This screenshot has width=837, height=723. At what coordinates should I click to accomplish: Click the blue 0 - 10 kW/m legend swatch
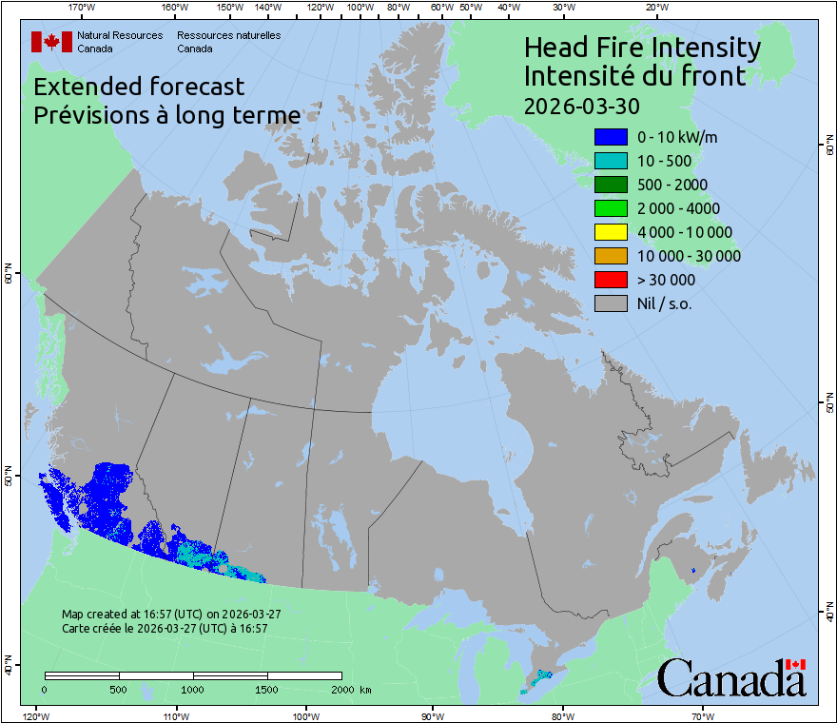tap(611, 137)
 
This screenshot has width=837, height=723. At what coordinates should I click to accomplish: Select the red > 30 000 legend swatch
tap(611, 280)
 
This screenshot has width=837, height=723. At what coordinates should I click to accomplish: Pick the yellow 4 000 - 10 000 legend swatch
tap(611, 232)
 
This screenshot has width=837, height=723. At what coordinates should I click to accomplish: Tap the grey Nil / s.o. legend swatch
tap(611, 303)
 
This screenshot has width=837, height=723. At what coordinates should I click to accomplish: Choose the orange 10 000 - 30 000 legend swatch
tap(611, 256)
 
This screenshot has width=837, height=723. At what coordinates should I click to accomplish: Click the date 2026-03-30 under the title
tap(581, 105)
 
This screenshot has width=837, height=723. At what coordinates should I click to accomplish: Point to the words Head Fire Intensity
tap(642, 48)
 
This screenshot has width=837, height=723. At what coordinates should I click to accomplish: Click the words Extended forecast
tap(139, 87)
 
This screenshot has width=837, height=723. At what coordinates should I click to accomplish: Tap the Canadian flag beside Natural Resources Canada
tap(51, 42)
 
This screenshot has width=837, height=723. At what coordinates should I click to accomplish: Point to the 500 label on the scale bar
tap(119, 688)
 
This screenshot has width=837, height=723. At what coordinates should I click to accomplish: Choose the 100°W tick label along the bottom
tap(305, 715)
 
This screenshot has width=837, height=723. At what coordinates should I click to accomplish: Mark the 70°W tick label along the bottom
tap(703, 715)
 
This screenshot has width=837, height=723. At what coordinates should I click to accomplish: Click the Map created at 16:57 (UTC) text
tap(171, 615)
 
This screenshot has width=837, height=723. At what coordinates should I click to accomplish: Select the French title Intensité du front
tap(635, 75)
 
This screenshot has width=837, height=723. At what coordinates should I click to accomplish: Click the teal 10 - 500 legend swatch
tap(611, 161)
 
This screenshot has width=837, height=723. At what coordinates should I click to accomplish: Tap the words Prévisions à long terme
tap(166, 115)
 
